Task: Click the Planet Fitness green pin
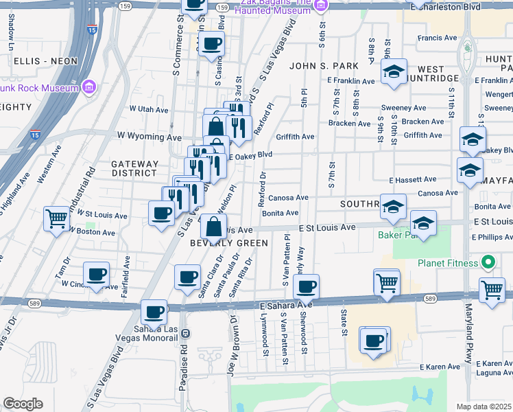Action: (x=488, y=262)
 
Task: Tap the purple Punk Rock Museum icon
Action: (x=88, y=87)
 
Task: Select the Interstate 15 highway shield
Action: (x=92, y=30)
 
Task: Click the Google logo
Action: (x=23, y=404)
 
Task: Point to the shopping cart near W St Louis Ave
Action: (x=56, y=219)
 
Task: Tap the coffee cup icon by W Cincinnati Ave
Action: (x=96, y=274)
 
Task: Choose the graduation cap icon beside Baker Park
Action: (x=423, y=223)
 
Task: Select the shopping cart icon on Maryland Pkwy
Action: (x=492, y=290)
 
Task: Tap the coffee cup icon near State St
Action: (x=374, y=340)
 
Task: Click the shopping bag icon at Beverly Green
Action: (x=214, y=225)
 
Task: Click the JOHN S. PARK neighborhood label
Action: (x=320, y=66)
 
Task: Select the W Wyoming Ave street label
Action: (x=143, y=136)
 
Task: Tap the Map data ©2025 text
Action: (x=484, y=407)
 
